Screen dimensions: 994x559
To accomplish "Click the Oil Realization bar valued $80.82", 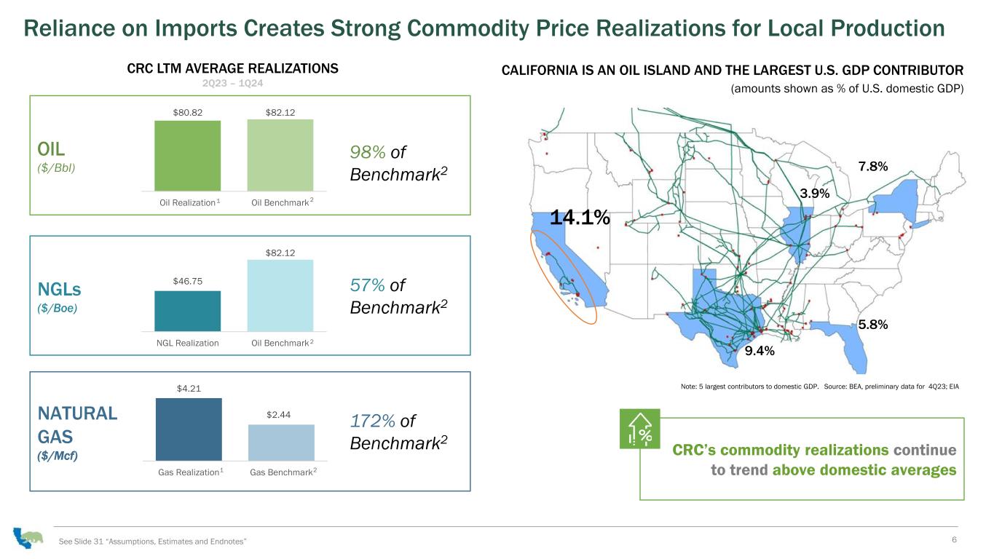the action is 187,156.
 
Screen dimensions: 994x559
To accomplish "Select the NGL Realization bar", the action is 187,311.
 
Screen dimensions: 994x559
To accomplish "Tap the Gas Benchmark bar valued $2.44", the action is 281,443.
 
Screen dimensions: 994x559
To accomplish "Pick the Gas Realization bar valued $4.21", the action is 189,429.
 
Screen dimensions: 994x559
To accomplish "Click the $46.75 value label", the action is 188,281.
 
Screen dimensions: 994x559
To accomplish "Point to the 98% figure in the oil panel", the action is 368,152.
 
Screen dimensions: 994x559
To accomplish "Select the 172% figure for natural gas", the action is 373,421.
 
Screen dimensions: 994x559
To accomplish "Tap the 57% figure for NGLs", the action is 368,285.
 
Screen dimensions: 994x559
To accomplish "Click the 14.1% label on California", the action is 580,218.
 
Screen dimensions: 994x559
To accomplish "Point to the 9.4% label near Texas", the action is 760,351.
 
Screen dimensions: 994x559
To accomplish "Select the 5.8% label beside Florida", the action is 873,325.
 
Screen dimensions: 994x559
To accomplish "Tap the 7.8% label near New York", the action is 873,167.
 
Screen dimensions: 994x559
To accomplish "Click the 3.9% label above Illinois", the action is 815,194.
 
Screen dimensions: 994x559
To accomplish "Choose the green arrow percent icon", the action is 640,429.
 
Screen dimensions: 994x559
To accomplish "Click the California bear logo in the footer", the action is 28,538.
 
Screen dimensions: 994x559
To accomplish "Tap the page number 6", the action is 954,539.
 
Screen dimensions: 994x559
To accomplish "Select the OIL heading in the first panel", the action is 51,149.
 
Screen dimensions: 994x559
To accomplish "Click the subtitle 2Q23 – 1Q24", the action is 232,84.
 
